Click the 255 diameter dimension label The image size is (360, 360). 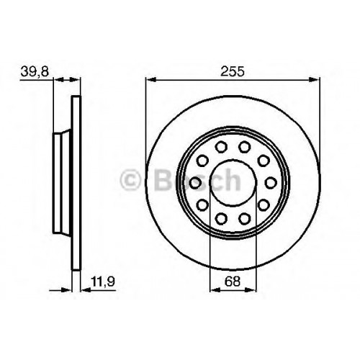tap(233, 71)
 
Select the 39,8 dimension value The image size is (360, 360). tap(35, 71)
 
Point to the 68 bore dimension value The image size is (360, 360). tap(233, 281)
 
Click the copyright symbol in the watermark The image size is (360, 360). tap(130, 180)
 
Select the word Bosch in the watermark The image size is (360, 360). tap(198, 180)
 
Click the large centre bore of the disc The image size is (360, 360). tap(233, 183)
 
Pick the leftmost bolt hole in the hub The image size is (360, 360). tap(195, 183)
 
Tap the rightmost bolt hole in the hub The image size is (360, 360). tap(271, 183)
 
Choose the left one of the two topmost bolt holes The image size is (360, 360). tap(221, 147)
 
